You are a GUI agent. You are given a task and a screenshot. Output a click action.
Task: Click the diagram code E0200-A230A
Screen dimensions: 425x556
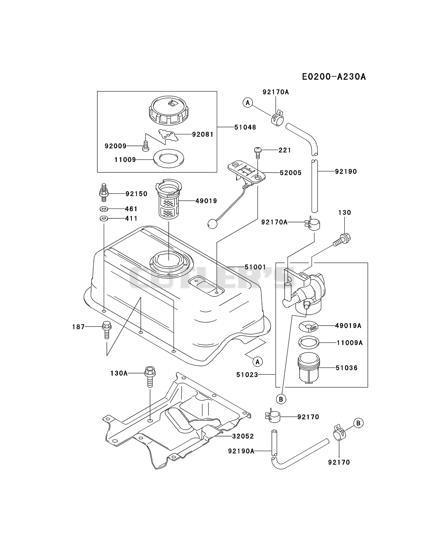pos(334,77)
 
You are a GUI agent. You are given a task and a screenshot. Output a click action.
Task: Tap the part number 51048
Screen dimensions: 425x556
pos(245,127)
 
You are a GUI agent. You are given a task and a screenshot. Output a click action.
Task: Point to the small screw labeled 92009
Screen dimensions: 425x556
pos(145,146)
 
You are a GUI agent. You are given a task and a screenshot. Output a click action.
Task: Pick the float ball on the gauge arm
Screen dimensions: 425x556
pos(212,224)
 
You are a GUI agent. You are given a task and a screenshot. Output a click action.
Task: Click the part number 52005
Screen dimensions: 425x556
pos(291,173)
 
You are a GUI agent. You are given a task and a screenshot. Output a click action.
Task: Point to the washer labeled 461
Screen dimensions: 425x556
pos(104,209)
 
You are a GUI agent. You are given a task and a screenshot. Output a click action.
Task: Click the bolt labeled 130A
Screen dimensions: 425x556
pos(150,377)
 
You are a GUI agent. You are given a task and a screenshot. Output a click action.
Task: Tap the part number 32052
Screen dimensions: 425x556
pos(243,436)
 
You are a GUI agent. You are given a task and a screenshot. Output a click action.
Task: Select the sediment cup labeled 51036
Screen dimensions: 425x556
pos(309,368)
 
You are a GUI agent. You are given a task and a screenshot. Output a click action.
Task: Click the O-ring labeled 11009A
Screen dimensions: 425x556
pos(309,342)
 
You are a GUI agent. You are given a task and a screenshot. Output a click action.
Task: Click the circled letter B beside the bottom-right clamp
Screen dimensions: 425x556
pos(358,423)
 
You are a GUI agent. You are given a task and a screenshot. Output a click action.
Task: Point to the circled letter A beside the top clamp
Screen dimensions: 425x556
pos(247,103)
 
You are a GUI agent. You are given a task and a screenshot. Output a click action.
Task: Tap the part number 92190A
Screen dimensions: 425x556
pos(241,451)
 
